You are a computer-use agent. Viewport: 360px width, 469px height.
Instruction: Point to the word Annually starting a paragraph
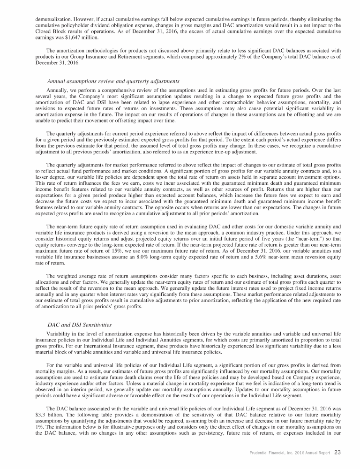pos(59,90)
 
